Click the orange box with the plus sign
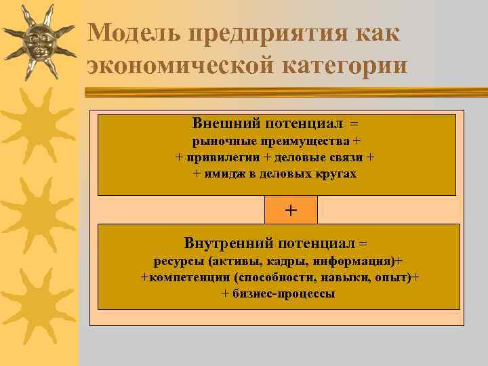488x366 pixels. [x=291, y=209]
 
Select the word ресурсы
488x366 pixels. [x=178, y=261]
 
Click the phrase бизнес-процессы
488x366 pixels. [x=284, y=293]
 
